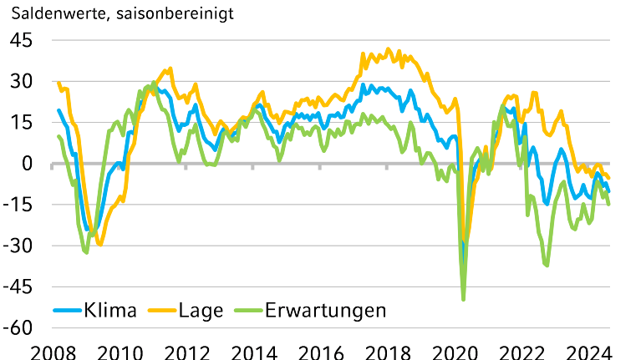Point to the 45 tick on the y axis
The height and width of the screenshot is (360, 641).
[21, 40]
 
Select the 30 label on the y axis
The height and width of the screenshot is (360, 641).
[21, 81]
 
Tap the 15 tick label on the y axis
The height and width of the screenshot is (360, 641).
[21, 122]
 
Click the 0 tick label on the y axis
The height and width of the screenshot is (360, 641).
[27, 163]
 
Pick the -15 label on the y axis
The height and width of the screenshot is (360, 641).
[18, 205]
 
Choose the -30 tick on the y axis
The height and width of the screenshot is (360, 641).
[18, 246]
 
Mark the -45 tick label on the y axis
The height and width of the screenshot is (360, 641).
[18, 286]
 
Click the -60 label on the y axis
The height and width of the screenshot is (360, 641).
[18, 327]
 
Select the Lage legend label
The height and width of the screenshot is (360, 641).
[201, 310]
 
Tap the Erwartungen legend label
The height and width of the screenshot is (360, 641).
[325, 310]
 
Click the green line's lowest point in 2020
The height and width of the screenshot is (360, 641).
[463, 299]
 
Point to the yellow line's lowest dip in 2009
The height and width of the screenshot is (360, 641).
[100, 244]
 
